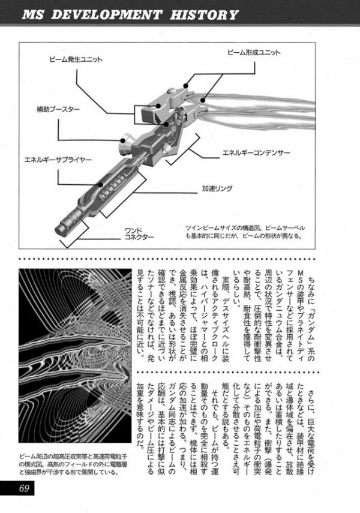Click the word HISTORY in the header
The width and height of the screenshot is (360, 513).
(x=202, y=14)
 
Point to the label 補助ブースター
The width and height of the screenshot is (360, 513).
(x=59, y=110)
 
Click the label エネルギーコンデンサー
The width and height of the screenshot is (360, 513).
(x=256, y=154)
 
